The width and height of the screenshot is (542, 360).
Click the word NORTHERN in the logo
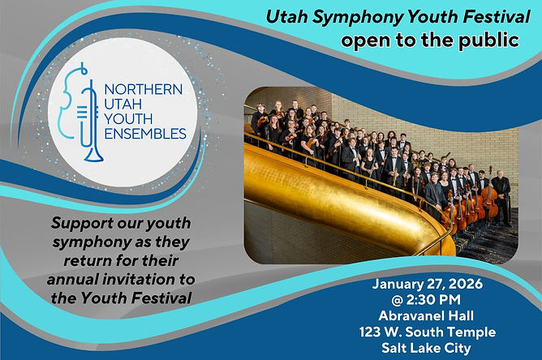pos(143,89)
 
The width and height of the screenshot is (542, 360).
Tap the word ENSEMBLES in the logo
pos(145,134)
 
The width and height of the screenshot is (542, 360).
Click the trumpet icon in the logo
pos(91,121)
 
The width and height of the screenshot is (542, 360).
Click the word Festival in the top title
pos(497,16)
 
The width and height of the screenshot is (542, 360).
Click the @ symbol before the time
pos(397,300)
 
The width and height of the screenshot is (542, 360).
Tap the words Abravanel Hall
pos(426,315)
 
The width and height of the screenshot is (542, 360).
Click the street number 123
pos(370,332)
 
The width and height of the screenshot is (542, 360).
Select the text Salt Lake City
pos(426,348)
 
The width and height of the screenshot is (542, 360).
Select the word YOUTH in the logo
pos(128,119)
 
